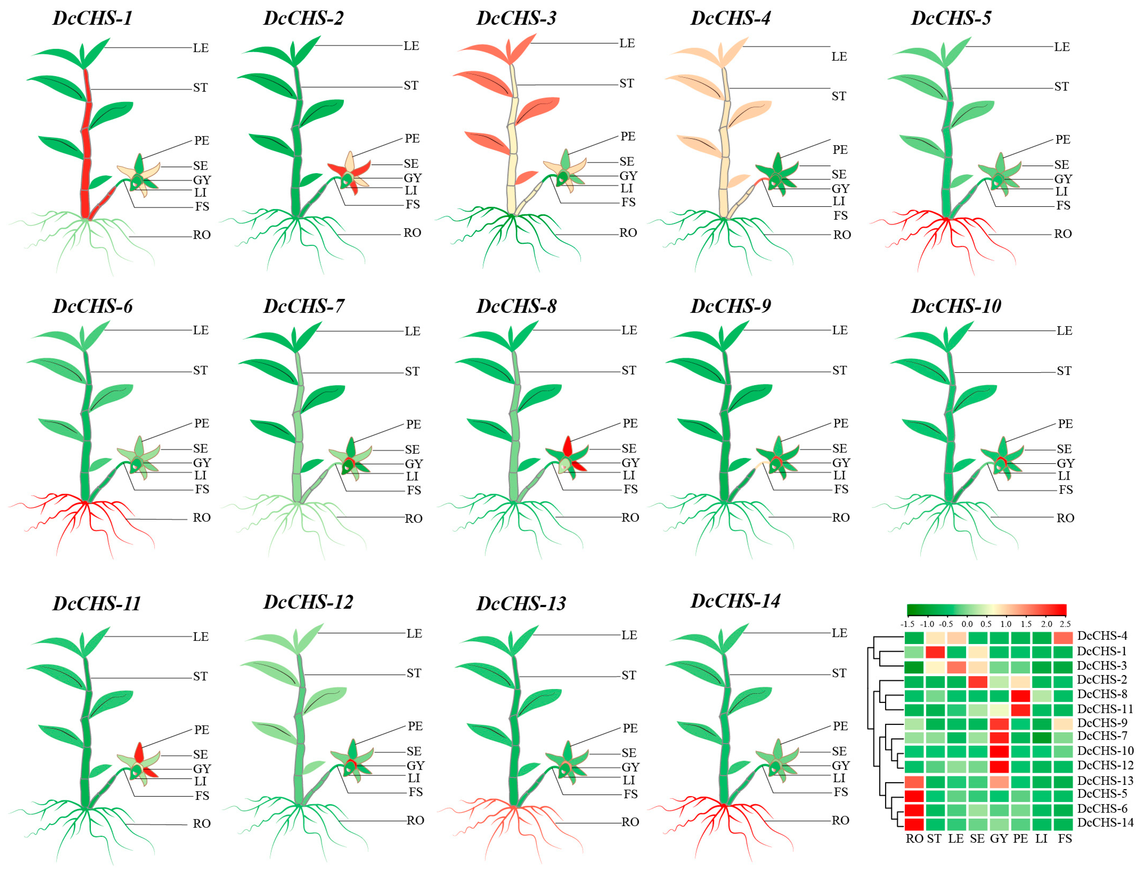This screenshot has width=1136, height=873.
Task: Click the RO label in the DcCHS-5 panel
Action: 1062,234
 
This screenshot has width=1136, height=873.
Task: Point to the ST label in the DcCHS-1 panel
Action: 200,87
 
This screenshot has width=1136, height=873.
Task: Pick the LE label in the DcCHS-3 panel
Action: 627,43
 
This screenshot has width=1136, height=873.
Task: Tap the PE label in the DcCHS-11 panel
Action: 202,729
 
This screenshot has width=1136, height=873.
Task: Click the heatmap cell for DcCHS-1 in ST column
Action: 934,652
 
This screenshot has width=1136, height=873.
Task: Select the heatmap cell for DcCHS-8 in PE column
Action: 1020,695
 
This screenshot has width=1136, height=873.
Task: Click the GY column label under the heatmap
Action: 998,838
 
